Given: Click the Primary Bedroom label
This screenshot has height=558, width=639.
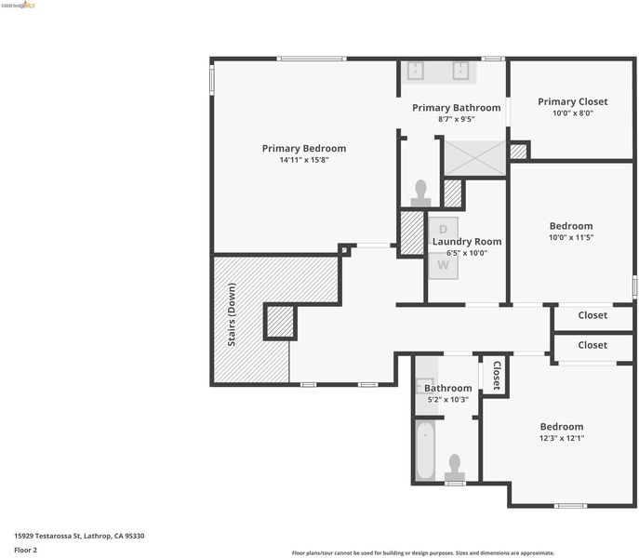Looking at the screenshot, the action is pyautogui.click(x=304, y=149).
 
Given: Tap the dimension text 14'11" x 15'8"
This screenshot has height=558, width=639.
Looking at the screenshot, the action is pyautogui.click(x=304, y=160).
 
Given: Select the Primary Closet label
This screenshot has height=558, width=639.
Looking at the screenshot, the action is pyautogui.click(x=573, y=101).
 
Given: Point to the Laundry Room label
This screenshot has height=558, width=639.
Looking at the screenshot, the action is pyautogui.click(x=467, y=241).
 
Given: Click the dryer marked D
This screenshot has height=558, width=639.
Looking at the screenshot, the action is pyautogui.click(x=444, y=230).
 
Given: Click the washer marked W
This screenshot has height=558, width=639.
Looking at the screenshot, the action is pyautogui.click(x=444, y=266).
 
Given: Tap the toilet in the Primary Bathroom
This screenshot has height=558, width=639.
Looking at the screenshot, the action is pyautogui.click(x=420, y=193).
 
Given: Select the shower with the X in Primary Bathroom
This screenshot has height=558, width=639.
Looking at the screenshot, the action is pyautogui.click(x=474, y=158).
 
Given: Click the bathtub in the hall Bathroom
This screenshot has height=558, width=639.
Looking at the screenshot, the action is pyautogui.click(x=425, y=450).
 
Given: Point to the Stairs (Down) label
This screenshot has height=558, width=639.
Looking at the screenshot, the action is pyautogui.click(x=232, y=314).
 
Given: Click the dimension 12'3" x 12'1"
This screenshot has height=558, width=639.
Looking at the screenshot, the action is pyautogui.click(x=562, y=438).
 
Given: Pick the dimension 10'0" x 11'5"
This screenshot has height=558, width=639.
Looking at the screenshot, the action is pyautogui.click(x=571, y=237).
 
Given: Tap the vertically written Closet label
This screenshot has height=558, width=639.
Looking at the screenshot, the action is pyautogui.click(x=497, y=376).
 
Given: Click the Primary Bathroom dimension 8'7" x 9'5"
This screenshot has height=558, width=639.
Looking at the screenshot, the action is pyautogui.click(x=457, y=119).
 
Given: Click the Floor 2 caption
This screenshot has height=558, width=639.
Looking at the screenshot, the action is pyautogui.click(x=26, y=550).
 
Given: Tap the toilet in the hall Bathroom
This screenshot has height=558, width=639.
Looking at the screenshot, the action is pyautogui.click(x=455, y=469).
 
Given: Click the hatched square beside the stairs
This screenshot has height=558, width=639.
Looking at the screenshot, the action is pyautogui.click(x=280, y=322).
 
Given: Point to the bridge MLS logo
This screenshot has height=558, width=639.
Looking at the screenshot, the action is pyautogui.click(x=19, y=5).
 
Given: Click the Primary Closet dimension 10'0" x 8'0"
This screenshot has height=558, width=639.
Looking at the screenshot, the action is pyautogui.click(x=573, y=113).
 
